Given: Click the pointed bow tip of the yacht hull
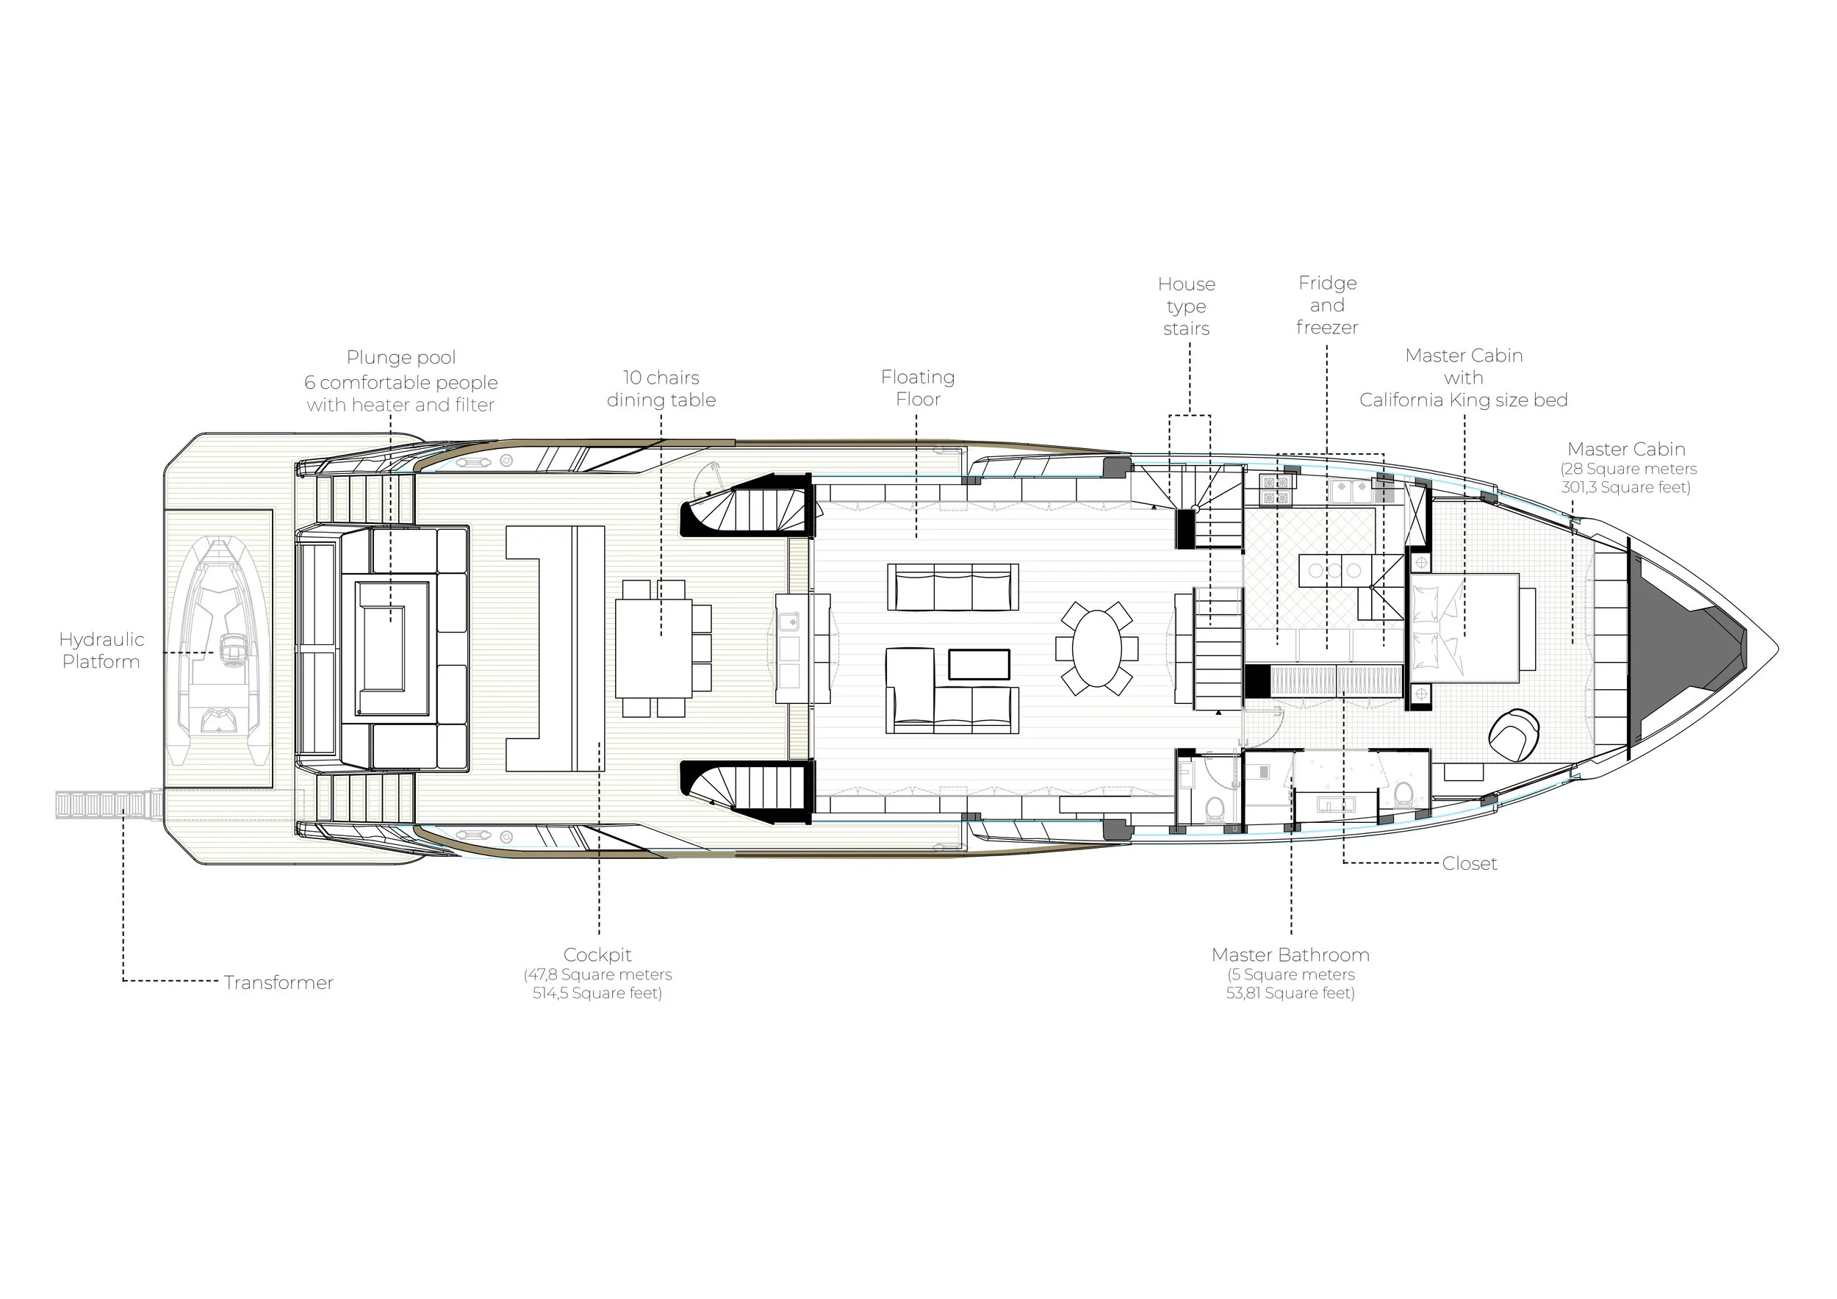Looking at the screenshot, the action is click(1777, 649).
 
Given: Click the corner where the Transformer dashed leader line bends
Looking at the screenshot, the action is click(123, 981).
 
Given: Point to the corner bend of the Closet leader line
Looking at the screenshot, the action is click(1343, 863).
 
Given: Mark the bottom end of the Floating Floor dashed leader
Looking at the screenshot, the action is click(917, 538).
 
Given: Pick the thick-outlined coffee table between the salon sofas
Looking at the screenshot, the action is click(979, 664).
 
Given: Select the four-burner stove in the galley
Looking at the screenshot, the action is click(1279, 489).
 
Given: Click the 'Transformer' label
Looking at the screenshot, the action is click(278, 982).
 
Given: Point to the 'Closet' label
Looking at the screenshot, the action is click(1470, 863).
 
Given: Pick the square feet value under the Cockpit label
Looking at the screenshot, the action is click(597, 993).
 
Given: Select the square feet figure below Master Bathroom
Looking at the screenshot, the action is click(1290, 993).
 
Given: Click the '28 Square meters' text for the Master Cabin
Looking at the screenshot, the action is click(1629, 469).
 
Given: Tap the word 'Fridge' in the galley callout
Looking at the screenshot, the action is click(1328, 283).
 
